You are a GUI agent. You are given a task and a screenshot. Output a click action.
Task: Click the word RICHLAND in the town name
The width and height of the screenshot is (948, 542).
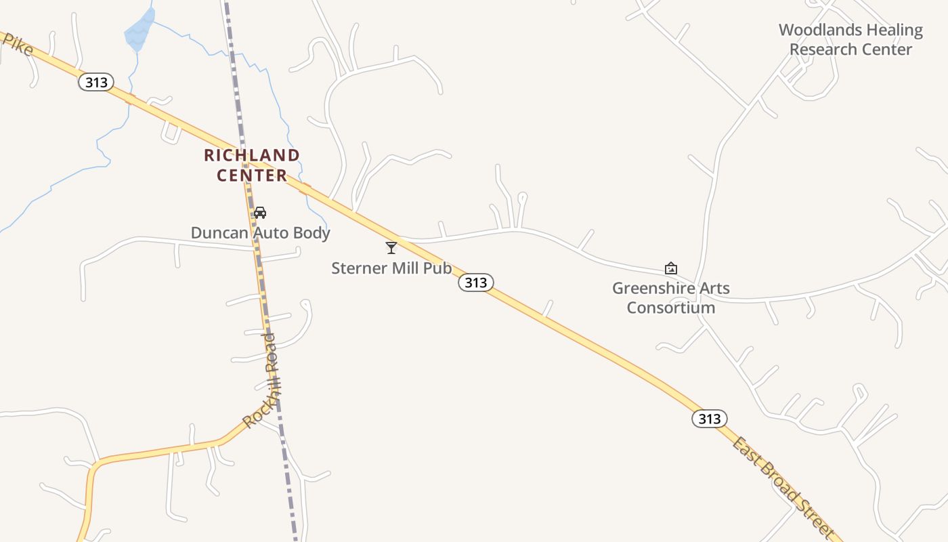point(251,155)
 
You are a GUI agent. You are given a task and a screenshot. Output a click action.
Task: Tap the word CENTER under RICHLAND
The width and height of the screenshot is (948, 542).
point(252,175)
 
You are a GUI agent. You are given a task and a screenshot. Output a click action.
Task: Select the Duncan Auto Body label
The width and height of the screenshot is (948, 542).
point(260,233)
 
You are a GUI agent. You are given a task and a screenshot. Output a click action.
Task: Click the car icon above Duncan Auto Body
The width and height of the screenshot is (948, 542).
point(259,213)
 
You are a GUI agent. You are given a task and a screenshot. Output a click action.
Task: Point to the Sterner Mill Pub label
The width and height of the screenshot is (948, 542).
point(391,268)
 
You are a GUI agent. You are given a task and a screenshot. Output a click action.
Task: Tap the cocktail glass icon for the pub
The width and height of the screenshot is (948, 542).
point(391,248)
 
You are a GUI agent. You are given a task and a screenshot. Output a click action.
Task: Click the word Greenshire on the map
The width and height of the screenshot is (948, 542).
point(650,289)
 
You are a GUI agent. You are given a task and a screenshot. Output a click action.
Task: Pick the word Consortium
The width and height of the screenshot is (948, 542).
point(670,308)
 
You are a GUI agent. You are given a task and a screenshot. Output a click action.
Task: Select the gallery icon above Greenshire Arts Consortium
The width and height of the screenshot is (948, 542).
point(670,268)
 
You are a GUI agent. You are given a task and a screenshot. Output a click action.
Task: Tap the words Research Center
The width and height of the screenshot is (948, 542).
point(850,49)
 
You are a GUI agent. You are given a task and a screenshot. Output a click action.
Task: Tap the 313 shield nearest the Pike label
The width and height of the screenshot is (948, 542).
point(95,83)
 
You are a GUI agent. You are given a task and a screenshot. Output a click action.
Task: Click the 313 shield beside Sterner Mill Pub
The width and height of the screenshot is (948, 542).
point(476,283)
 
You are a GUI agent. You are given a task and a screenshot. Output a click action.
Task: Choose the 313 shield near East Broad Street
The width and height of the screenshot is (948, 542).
point(709,419)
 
